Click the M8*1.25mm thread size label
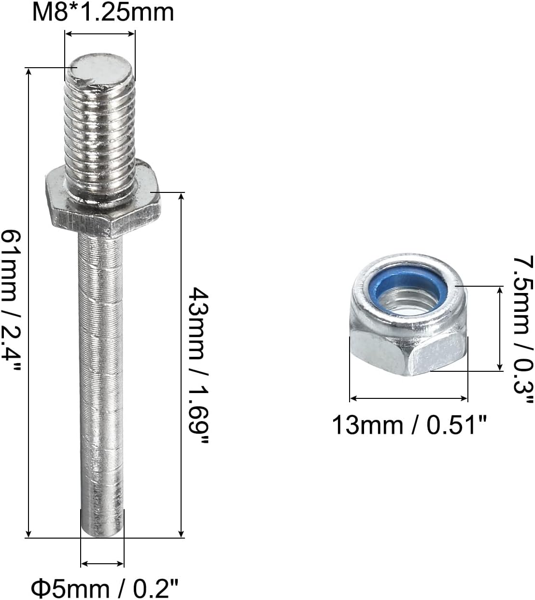(103, 12)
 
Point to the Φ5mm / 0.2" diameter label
(105, 589)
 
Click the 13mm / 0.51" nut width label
(409, 425)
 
